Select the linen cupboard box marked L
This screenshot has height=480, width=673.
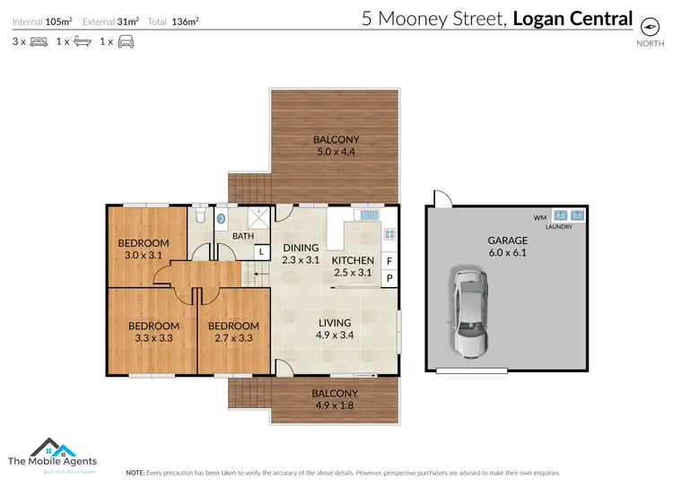click(261, 253)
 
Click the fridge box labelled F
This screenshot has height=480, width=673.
click(389, 261)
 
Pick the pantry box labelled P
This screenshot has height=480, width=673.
click(389, 278)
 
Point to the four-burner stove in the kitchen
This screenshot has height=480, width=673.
click(390, 235)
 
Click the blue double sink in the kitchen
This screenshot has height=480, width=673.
click(367, 215)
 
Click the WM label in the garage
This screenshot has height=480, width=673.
click(539, 217)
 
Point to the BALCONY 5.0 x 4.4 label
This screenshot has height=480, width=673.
click(336, 145)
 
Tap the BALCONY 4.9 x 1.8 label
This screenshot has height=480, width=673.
click(335, 399)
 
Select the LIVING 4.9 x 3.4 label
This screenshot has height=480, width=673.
click(334, 329)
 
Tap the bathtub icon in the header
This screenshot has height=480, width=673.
click(81, 41)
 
